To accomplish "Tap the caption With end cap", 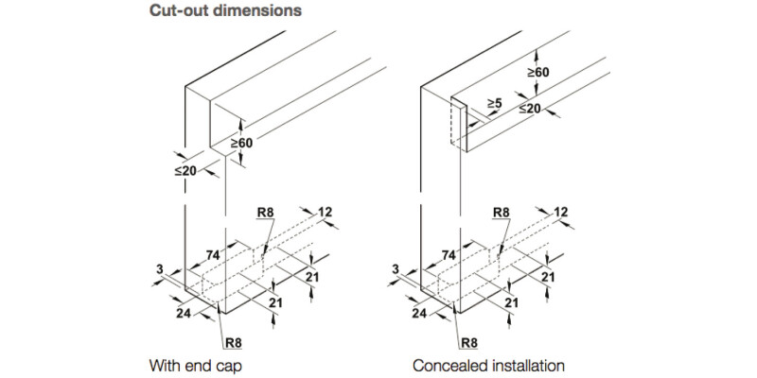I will pos(190,364).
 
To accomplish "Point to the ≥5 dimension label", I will pos(494,102).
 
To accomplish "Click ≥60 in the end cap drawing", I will pos(241,142).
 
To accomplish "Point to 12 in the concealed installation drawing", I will pos(561,212).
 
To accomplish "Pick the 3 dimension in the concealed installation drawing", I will pos(396,270).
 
